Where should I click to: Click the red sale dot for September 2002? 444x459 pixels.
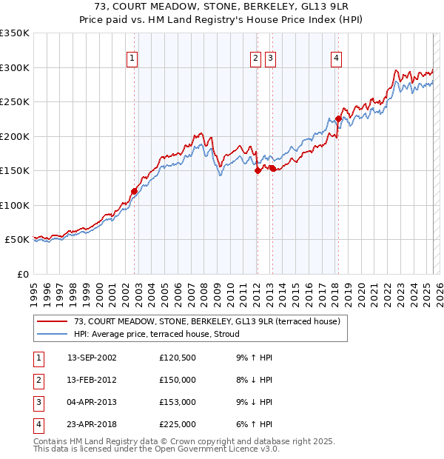click(x=134, y=191)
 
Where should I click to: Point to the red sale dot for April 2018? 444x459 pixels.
click(x=338, y=118)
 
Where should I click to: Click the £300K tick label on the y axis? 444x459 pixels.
click(x=15, y=67)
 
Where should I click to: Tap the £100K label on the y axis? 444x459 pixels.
click(x=15, y=205)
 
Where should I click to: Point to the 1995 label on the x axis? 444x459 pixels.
click(x=34, y=289)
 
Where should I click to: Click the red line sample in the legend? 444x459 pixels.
click(x=52, y=321)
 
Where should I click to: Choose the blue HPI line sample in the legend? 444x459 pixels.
click(x=52, y=334)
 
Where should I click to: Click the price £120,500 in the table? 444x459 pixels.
click(x=178, y=358)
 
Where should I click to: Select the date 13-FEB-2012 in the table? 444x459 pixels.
click(x=92, y=380)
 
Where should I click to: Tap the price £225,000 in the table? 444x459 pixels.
click(x=178, y=424)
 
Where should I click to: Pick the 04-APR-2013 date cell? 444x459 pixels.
click(x=92, y=402)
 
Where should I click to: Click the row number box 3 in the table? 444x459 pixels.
click(x=38, y=402)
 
